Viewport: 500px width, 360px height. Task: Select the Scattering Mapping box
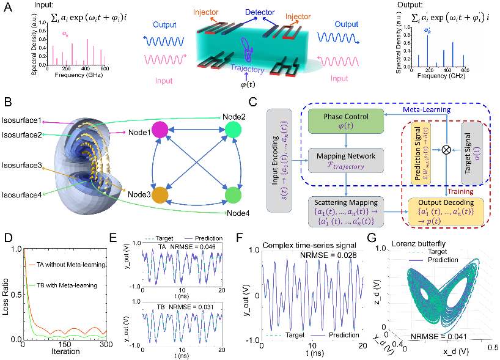coord(345,209)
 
